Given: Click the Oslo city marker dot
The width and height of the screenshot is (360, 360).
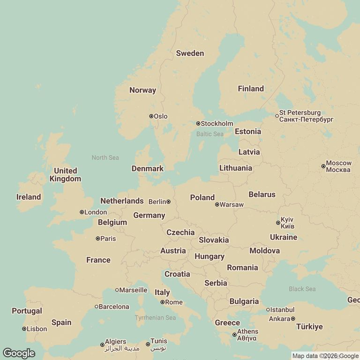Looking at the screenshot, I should (151, 116).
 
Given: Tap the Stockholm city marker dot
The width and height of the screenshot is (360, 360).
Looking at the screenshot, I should (198, 124).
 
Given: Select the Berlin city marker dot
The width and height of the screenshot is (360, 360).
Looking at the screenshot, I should (168, 202).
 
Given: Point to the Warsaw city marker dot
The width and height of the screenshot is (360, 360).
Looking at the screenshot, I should (217, 204).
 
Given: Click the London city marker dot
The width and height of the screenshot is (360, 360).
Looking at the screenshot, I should (82, 212).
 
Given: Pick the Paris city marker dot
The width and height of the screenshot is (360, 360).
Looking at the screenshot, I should (97, 239).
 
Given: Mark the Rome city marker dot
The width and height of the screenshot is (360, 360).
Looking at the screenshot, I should (162, 302).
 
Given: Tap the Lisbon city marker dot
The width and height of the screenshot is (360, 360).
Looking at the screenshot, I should (24, 329).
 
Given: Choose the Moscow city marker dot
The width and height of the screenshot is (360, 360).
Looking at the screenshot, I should (323, 166).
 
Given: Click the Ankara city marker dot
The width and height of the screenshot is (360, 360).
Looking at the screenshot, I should (293, 319).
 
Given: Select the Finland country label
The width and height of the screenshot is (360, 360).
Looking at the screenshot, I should (251, 89).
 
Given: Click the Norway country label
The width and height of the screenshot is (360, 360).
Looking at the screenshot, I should (142, 90).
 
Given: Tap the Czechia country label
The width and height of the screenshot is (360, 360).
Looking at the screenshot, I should (180, 232).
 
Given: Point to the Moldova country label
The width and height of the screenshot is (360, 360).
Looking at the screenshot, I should (264, 251).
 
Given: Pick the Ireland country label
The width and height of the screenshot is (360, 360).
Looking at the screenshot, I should (29, 197).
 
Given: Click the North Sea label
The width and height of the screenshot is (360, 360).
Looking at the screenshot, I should (105, 157).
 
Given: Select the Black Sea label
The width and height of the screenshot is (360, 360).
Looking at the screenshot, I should (302, 289).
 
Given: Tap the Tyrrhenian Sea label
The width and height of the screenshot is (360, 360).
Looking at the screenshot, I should (155, 318).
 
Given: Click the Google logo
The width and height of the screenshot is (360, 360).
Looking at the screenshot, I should (19, 353).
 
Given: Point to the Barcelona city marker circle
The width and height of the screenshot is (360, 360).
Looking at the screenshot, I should (97, 307).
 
